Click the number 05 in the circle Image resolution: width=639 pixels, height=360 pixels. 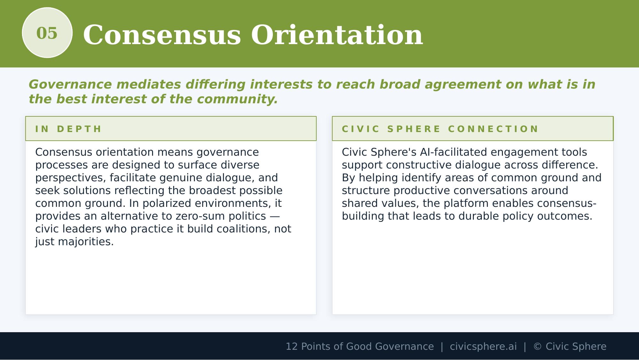pyautogui.click(x=47, y=33)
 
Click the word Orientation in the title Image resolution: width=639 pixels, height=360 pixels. pyautogui.click(x=337, y=35)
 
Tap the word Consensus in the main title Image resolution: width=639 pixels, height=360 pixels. pyautogui.click(x=162, y=35)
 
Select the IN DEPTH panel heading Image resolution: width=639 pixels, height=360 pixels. pyautogui.click(x=68, y=129)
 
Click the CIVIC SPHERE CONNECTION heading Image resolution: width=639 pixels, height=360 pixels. pyautogui.click(x=440, y=129)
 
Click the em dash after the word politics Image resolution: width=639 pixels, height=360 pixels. pyautogui.click(x=274, y=216)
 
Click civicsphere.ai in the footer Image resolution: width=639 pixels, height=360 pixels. pyautogui.click(x=483, y=347)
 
